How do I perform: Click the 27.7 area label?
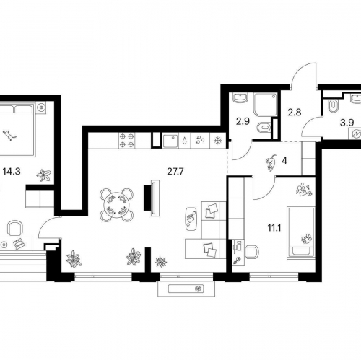pyautogui.click(x=175, y=172)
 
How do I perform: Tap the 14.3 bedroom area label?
pyautogui.click(x=12, y=172)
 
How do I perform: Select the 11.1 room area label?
pyautogui.click(x=275, y=228)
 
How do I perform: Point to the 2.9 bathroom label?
pyautogui.click(x=243, y=122)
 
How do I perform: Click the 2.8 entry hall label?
pyautogui.click(x=295, y=113)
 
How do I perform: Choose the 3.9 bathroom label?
pyautogui.click(x=347, y=123)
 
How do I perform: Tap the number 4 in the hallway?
pyautogui.click(x=284, y=161)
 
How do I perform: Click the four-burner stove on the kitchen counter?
pyautogui.click(x=127, y=141)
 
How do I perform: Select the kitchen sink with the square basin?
pyautogui.click(x=170, y=141)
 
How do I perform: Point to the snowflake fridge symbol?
pyautogui.click(x=218, y=141)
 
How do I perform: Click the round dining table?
pyautogui.click(x=116, y=205)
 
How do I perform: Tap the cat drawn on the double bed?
pyautogui.click(x=9, y=135)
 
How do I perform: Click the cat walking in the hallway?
pyautogui.click(x=271, y=163)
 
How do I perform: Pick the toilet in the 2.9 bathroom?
pyautogui.click(x=264, y=128)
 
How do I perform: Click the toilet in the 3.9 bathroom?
pyautogui.click(x=334, y=106)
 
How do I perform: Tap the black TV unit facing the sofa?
pyautogui.click(x=147, y=198)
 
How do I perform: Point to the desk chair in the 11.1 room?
pyautogui.click(x=252, y=252)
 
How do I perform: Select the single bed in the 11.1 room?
pyautogui.click(x=301, y=233)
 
